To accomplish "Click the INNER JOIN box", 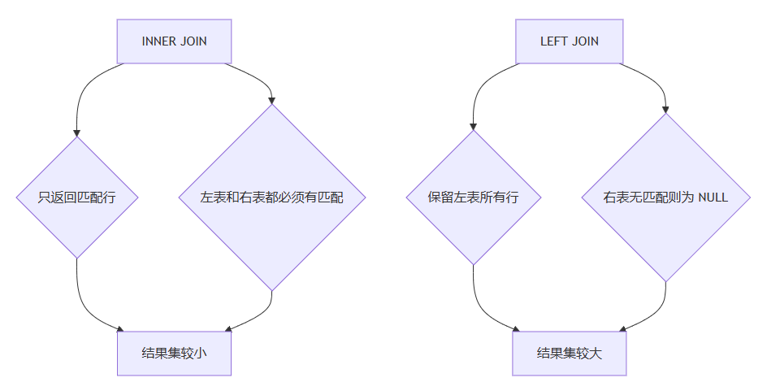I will [174, 41].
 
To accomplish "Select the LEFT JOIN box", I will [570, 41].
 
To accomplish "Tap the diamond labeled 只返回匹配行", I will [77, 198].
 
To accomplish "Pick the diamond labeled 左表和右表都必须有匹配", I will [271, 198].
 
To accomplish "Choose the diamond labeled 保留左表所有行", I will [473, 198].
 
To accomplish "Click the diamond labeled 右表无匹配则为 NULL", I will [665, 198].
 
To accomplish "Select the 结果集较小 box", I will [174, 353].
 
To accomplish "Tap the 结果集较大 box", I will [570, 353].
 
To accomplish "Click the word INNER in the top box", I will [158, 41].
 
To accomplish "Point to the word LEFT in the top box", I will [554, 41].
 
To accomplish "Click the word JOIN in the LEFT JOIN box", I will [585, 41].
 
